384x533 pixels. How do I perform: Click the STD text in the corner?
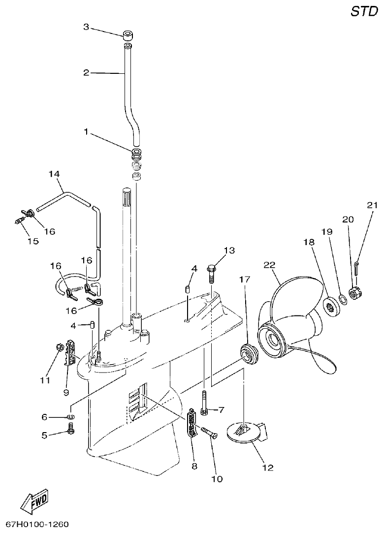click(363, 12)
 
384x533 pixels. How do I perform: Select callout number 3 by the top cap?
click(86, 28)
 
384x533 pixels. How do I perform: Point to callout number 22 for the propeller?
click(269, 265)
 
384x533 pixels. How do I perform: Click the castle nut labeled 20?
click(355, 293)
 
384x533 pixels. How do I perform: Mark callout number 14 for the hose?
click(54, 174)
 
